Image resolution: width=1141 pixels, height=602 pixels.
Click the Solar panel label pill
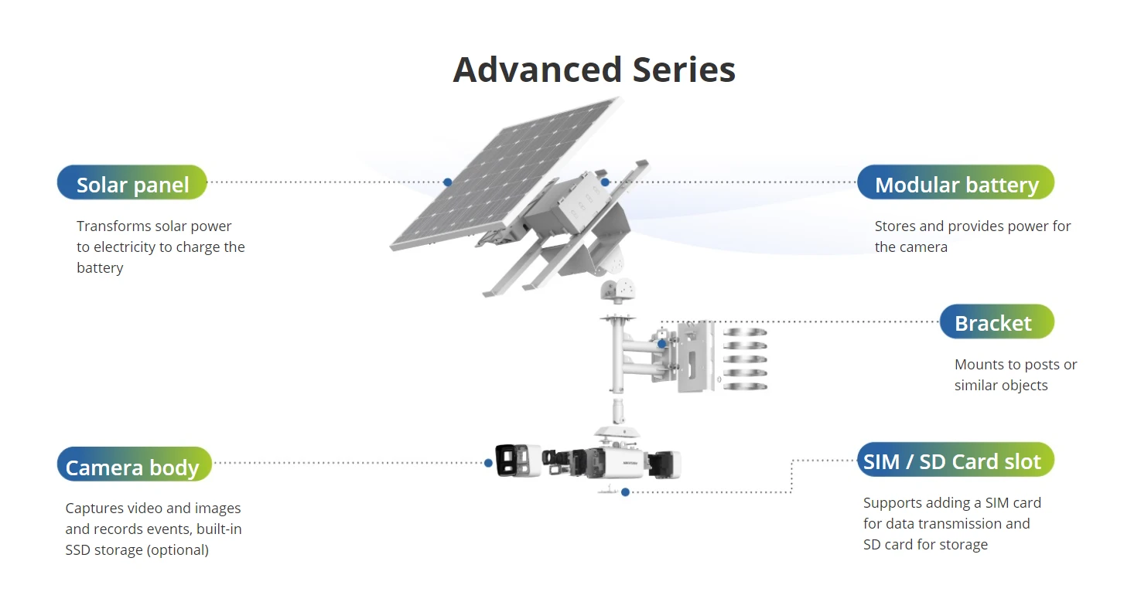(x=132, y=182)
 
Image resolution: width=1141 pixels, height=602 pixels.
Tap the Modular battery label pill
(x=955, y=182)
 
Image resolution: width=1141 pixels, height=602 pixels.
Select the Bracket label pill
(x=997, y=321)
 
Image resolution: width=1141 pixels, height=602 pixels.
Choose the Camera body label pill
(x=134, y=464)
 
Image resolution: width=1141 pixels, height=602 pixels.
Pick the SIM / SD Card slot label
(x=955, y=460)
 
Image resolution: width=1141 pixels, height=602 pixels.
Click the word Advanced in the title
(x=538, y=70)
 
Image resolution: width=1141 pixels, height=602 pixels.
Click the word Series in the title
(x=684, y=70)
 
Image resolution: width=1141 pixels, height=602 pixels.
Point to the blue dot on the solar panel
(x=448, y=182)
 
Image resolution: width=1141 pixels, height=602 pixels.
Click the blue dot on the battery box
(x=605, y=182)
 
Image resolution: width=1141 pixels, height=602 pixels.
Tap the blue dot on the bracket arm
(x=661, y=344)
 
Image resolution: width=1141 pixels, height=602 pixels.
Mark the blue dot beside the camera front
(x=488, y=463)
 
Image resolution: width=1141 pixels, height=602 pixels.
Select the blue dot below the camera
(x=626, y=492)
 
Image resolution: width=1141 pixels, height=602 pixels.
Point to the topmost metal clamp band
(x=745, y=332)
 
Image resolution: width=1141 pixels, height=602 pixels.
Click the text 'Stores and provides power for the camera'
(x=972, y=236)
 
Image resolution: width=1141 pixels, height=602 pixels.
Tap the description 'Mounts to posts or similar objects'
(x=1016, y=375)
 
